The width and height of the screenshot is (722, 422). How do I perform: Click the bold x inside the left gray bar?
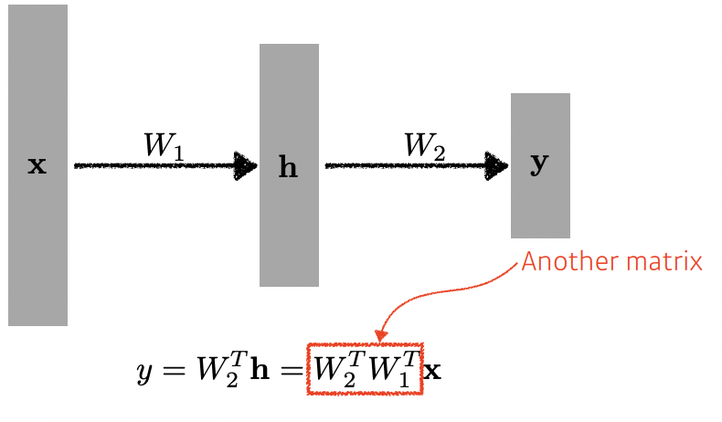(x=37, y=166)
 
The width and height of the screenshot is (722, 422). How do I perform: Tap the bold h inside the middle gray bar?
(x=288, y=169)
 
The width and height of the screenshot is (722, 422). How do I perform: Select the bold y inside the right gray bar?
(x=540, y=164)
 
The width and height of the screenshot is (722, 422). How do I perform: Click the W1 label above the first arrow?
(x=165, y=145)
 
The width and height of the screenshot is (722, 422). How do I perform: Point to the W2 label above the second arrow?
(x=426, y=145)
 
